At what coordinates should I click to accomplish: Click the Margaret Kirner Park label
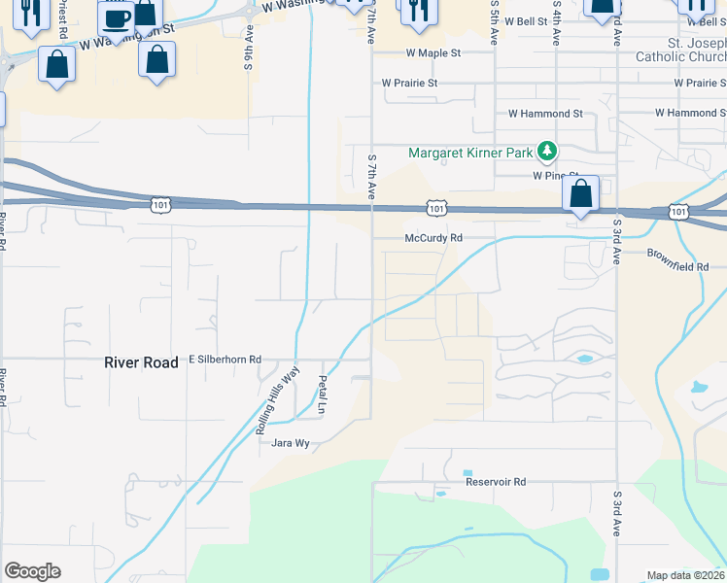pyautogui.click(x=470, y=153)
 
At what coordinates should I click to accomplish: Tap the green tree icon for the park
pyautogui.click(x=547, y=152)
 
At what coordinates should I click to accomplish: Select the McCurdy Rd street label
pyautogui.click(x=433, y=238)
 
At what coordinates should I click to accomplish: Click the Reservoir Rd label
pyautogui.click(x=495, y=482)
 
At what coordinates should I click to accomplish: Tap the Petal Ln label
pyautogui.click(x=321, y=394)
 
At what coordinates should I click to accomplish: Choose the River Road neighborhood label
pyautogui.click(x=141, y=362)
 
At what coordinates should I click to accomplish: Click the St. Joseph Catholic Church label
pyautogui.click(x=680, y=50)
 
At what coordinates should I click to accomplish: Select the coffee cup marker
pyautogui.click(x=116, y=20)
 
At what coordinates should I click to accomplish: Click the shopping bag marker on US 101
pyautogui.click(x=580, y=193)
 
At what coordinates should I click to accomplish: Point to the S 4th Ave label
pyautogui.click(x=556, y=26)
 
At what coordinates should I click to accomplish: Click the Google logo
pyautogui.click(x=32, y=571)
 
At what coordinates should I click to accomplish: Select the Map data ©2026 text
pyautogui.click(x=685, y=575)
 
